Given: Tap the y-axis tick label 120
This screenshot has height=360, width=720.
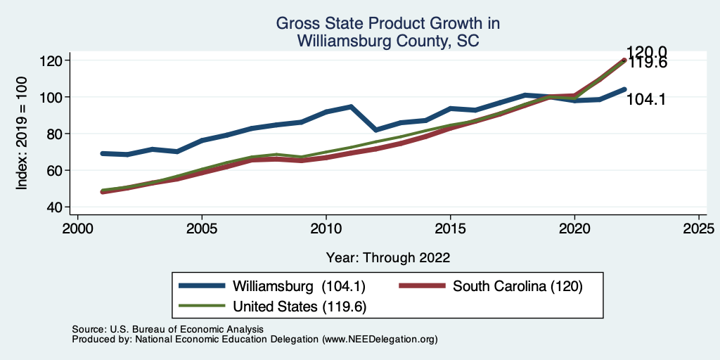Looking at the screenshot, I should click(51, 60).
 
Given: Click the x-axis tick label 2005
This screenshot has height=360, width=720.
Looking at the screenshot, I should click(202, 229).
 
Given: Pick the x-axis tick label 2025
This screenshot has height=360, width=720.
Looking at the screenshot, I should click(699, 229).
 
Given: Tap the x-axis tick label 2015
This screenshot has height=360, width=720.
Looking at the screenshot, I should click(450, 229).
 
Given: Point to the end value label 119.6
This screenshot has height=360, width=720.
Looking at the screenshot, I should click(647, 63).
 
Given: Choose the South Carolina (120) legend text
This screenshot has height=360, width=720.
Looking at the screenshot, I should click(518, 286).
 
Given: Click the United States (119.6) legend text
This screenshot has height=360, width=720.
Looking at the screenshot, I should click(300, 307).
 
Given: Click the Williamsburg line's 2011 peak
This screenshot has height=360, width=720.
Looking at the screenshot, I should click(350, 107).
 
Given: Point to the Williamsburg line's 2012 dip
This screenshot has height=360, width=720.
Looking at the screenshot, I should click(375, 130).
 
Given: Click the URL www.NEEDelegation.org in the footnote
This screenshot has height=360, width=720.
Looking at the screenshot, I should click(379, 339).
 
